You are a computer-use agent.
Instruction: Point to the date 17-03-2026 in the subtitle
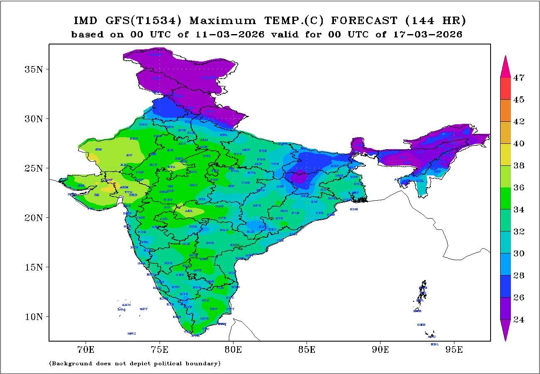427,34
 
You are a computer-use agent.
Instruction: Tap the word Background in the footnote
74,364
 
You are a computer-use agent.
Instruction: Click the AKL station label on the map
189,211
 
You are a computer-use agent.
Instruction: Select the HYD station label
210,243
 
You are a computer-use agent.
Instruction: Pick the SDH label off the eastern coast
354,209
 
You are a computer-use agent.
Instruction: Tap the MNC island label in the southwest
132,333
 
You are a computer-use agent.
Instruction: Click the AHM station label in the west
124,187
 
